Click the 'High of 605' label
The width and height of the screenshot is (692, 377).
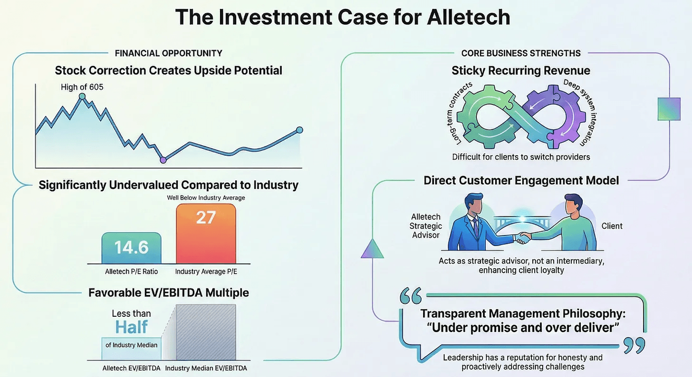(x=82, y=87)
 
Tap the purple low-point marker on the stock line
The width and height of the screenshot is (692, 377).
(x=163, y=160)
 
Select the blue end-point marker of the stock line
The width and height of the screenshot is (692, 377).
(x=299, y=130)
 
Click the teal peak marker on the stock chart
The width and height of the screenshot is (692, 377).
(x=82, y=96)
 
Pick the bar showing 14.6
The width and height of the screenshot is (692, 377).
(x=131, y=248)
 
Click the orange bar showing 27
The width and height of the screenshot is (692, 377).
(x=206, y=234)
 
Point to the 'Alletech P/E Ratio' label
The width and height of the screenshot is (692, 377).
(x=131, y=272)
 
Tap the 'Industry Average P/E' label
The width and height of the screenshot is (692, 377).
(x=206, y=272)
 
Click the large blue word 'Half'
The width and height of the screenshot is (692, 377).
(x=132, y=327)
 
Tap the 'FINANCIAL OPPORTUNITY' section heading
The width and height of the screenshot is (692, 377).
(x=169, y=53)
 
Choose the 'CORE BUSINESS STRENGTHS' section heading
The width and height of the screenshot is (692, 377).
(x=521, y=53)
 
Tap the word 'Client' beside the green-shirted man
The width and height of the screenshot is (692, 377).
(x=612, y=226)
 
